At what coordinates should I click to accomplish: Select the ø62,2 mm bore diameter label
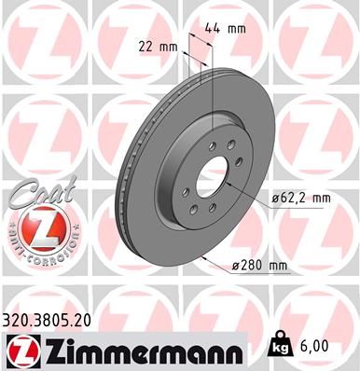(300, 199)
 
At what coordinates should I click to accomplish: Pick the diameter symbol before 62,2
(276, 199)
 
